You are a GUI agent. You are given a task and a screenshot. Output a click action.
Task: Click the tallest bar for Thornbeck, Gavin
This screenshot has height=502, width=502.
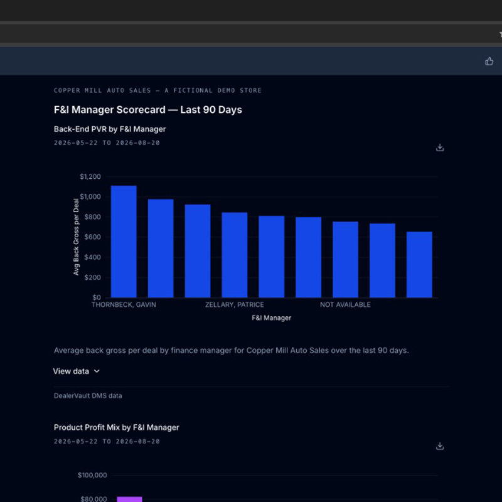[124, 242]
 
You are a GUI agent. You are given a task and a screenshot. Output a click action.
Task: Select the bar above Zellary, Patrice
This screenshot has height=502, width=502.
[234, 255]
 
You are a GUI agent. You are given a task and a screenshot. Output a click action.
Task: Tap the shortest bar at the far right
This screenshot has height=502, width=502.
[419, 264]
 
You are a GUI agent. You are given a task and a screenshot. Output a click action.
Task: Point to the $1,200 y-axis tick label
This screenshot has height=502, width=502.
[90, 176]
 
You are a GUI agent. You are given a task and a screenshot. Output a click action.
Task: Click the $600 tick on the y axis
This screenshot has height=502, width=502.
[92, 237]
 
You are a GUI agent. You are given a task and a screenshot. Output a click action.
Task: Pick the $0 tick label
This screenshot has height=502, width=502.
[97, 297]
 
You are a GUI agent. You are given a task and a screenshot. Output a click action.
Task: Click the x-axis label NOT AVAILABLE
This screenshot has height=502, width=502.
[345, 304]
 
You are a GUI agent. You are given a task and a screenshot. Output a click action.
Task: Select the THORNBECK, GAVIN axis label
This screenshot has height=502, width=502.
[124, 304]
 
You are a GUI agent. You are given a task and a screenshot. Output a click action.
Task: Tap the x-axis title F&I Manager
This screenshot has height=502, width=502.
[272, 318]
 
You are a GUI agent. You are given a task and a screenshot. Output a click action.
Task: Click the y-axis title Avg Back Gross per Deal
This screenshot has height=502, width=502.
[76, 237]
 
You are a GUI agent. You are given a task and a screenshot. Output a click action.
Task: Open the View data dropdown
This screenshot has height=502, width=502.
[76, 371]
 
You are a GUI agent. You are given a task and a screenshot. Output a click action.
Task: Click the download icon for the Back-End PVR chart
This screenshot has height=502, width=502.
[440, 147]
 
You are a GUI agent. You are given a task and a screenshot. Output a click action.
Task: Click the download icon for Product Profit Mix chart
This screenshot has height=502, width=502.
[440, 446]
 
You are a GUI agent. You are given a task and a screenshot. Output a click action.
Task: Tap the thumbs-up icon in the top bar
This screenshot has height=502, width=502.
[489, 61]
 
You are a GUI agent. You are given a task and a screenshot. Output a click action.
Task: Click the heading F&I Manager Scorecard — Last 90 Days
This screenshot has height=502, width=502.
[148, 109]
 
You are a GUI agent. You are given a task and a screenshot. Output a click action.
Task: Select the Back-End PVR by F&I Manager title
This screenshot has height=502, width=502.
[110, 129]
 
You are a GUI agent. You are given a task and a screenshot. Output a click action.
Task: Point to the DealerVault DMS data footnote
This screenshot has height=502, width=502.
[88, 396]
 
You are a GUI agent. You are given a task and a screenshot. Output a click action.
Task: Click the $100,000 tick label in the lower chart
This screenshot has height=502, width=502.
[92, 475]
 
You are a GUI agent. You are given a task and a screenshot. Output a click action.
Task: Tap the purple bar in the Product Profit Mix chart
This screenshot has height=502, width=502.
[129, 499]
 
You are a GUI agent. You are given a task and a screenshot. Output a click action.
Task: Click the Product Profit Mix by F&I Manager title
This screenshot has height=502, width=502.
[117, 427]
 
